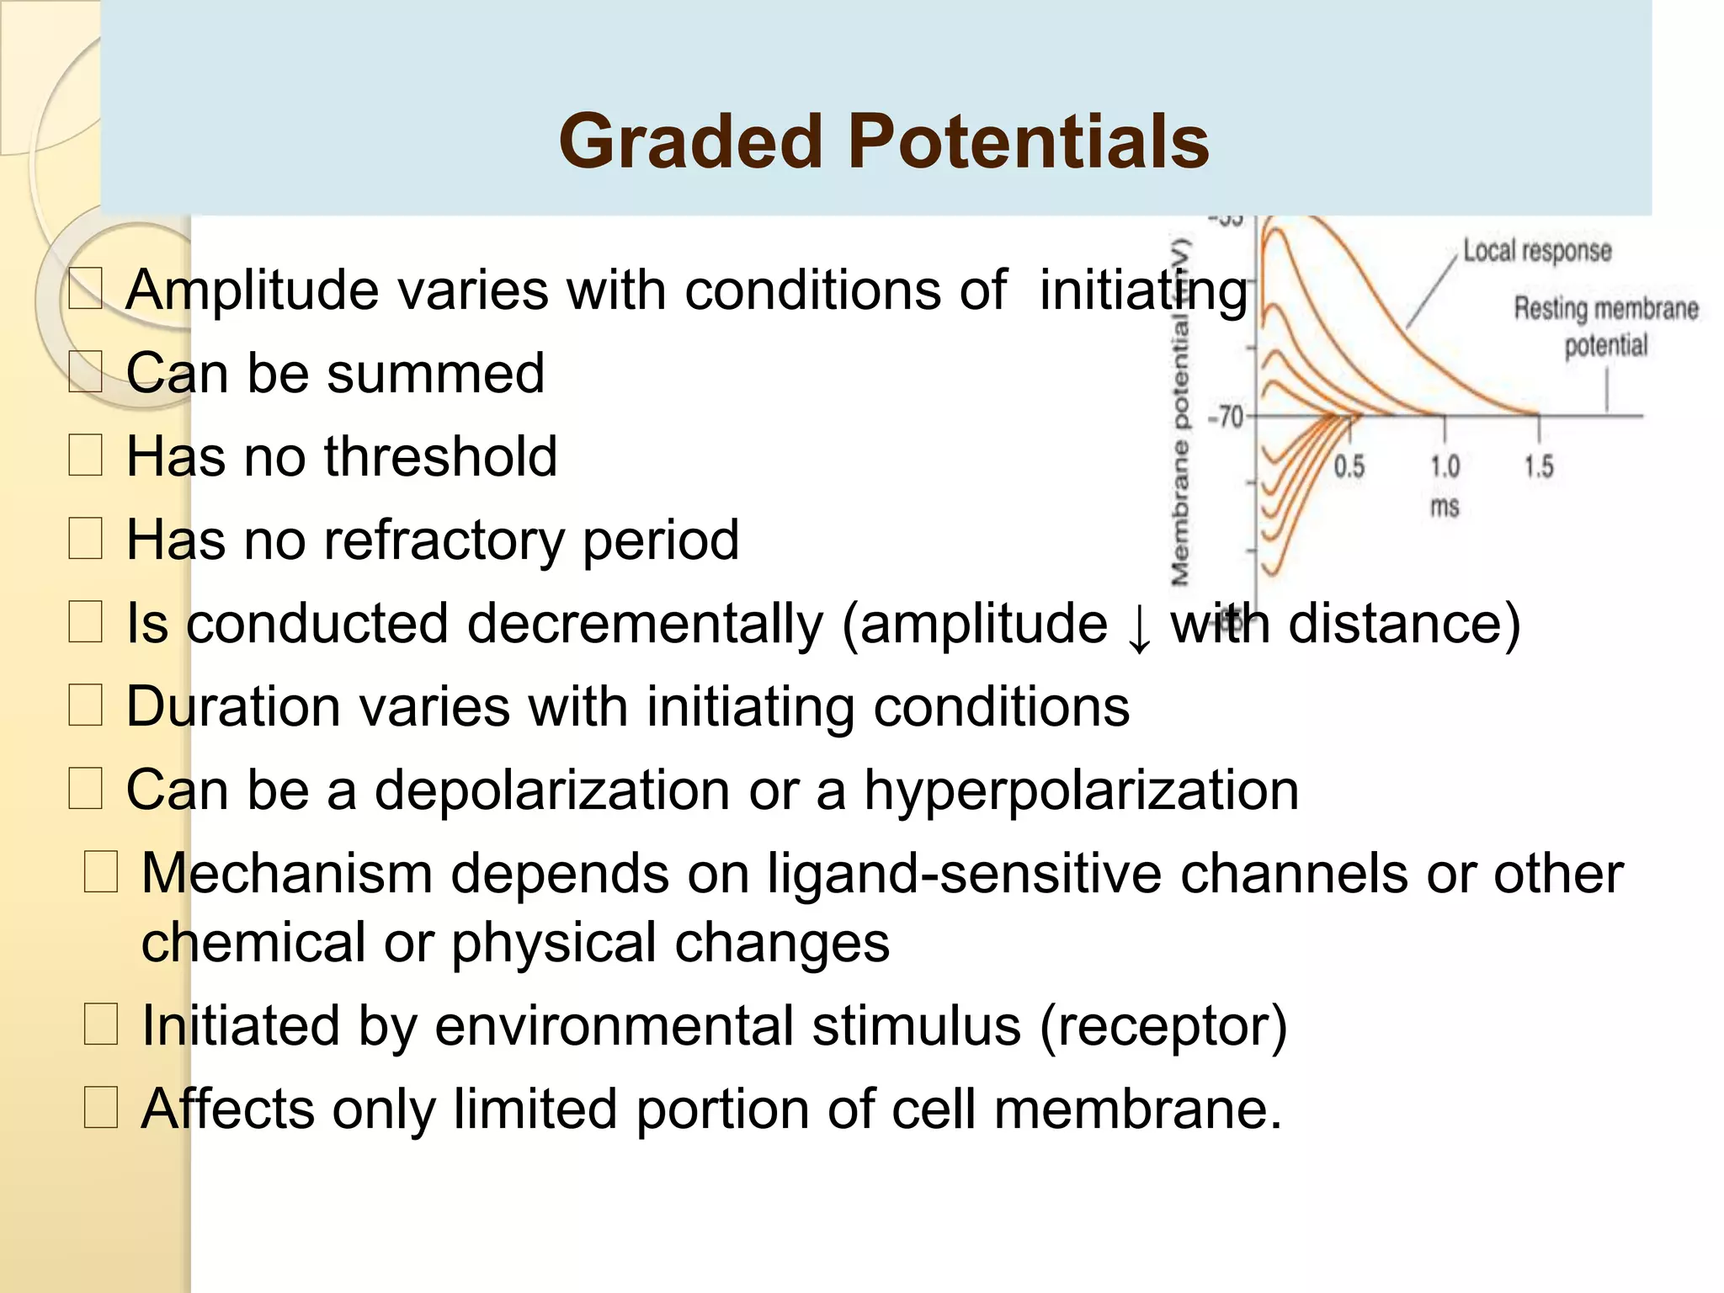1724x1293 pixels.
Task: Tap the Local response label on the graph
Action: click(1536, 251)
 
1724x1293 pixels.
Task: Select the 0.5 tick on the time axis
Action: click(1349, 466)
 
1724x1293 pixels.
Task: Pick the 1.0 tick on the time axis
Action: click(1445, 466)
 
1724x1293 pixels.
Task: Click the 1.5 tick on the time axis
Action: click(1539, 466)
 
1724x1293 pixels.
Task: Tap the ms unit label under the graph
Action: click(1445, 507)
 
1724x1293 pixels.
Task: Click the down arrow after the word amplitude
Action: click(1139, 628)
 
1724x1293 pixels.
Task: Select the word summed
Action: click(435, 373)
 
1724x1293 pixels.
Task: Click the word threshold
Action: click(440, 456)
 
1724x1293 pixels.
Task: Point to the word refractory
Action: click(444, 540)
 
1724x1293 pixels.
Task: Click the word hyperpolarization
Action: click(1081, 790)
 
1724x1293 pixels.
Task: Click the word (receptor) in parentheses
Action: click(1163, 1025)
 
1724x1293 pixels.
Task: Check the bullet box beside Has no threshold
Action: click(85, 455)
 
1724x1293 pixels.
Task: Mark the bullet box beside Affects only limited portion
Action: click(101, 1108)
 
